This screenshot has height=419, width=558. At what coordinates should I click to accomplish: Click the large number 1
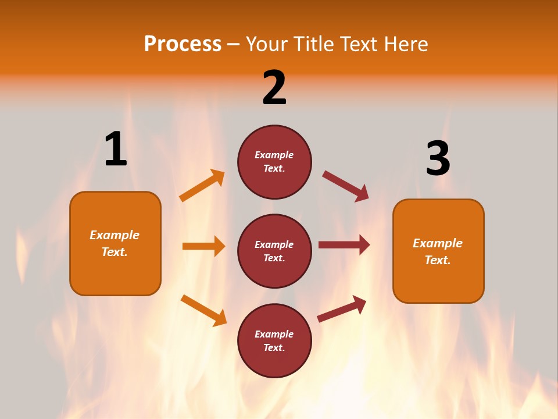pos(116,149)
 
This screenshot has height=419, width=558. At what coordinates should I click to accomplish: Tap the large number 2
pos(274,88)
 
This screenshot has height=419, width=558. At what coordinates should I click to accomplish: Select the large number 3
pos(438,159)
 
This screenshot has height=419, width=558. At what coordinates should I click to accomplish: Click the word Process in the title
pos(183,44)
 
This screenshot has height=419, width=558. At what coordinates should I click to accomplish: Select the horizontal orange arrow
pos(203,246)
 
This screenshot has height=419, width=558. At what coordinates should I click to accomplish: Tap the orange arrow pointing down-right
pos(203,310)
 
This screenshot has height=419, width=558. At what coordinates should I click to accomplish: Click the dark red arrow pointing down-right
pos(345,186)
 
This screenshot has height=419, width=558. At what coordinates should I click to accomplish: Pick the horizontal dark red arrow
pos(344,245)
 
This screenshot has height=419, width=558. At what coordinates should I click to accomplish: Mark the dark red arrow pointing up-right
pos(342,308)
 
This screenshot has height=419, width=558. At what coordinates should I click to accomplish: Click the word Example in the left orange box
pos(115,235)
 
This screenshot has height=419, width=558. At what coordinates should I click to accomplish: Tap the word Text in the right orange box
pos(437,260)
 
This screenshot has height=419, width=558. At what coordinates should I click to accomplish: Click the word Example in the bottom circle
pos(274,334)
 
